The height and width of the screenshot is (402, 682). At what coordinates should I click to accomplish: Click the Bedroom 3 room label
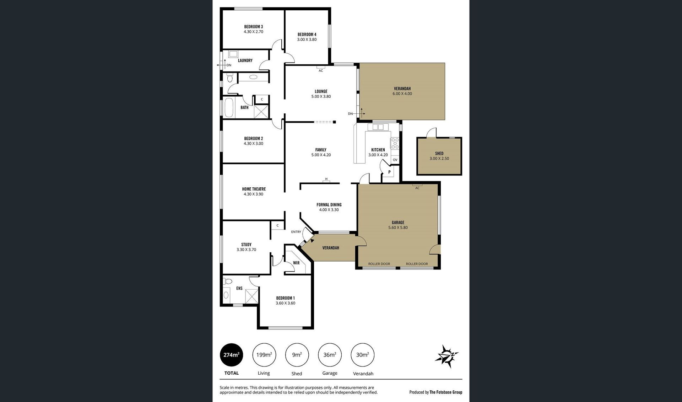[253, 27]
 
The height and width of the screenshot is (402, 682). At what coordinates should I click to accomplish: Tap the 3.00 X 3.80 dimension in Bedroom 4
[307, 39]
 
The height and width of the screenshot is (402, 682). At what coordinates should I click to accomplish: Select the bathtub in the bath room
[229, 108]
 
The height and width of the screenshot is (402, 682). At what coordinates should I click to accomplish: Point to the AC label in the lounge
[321, 71]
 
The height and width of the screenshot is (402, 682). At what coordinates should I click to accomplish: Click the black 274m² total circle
[232, 355]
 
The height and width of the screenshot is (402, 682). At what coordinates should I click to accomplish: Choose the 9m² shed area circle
[297, 355]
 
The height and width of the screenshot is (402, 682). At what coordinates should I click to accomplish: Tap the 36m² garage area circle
[330, 355]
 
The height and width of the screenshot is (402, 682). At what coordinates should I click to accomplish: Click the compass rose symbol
[447, 356]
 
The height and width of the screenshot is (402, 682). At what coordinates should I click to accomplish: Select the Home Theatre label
[254, 189]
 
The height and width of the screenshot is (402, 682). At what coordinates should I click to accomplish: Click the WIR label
[296, 263]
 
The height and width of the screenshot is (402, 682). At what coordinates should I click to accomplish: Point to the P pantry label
[389, 172]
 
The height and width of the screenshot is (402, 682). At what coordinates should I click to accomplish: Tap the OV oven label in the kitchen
[395, 160]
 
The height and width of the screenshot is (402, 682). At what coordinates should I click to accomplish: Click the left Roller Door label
[379, 264]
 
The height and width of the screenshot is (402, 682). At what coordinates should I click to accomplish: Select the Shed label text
[439, 154]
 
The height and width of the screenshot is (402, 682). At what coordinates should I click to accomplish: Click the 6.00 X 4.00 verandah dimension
[402, 94]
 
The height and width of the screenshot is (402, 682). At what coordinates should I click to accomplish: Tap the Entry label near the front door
[296, 232]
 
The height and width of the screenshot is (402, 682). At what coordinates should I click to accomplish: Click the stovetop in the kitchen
[395, 143]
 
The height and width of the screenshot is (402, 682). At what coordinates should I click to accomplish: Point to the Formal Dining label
[329, 205]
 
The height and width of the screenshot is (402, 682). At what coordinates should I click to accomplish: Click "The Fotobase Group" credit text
[446, 392]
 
